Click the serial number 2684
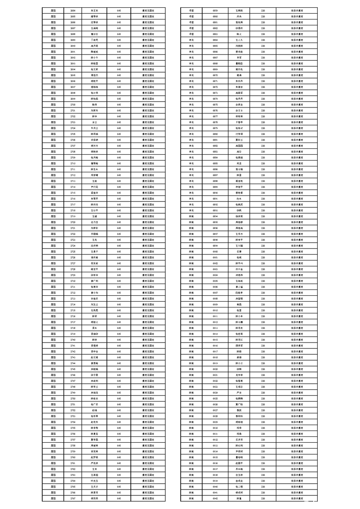click(73, 10)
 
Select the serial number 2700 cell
click(73, 104)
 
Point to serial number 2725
click(73, 251)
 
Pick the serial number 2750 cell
click(73, 398)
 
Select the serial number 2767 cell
click(73, 498)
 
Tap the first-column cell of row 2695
click(53, 75)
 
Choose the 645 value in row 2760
click(119, 457)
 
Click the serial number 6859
click(215, 10)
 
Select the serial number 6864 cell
click(215, 39)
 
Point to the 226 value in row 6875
click(263, 104)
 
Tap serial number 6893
click(215, 210)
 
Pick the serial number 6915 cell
click(215, 339)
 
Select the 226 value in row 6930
click(263, 428)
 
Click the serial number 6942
click(215, 498)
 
